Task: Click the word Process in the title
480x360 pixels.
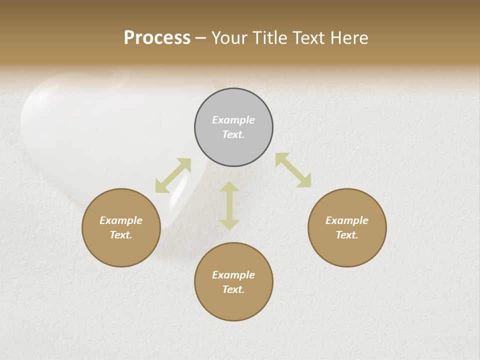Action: [157, 38]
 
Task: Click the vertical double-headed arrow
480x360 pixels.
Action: [229, 206]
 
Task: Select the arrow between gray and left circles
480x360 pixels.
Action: [173, 175]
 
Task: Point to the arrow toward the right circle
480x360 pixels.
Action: [293, 170]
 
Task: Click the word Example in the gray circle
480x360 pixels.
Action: [233, 120]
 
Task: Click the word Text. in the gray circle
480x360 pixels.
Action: [233, 134]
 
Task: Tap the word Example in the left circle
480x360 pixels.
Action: [121, 220]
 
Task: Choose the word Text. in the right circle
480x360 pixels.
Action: [347, 235]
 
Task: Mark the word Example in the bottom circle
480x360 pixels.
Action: [233, 275]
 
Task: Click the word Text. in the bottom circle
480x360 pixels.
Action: [233, 289]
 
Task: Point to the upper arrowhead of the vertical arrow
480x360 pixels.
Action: [229, 187]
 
